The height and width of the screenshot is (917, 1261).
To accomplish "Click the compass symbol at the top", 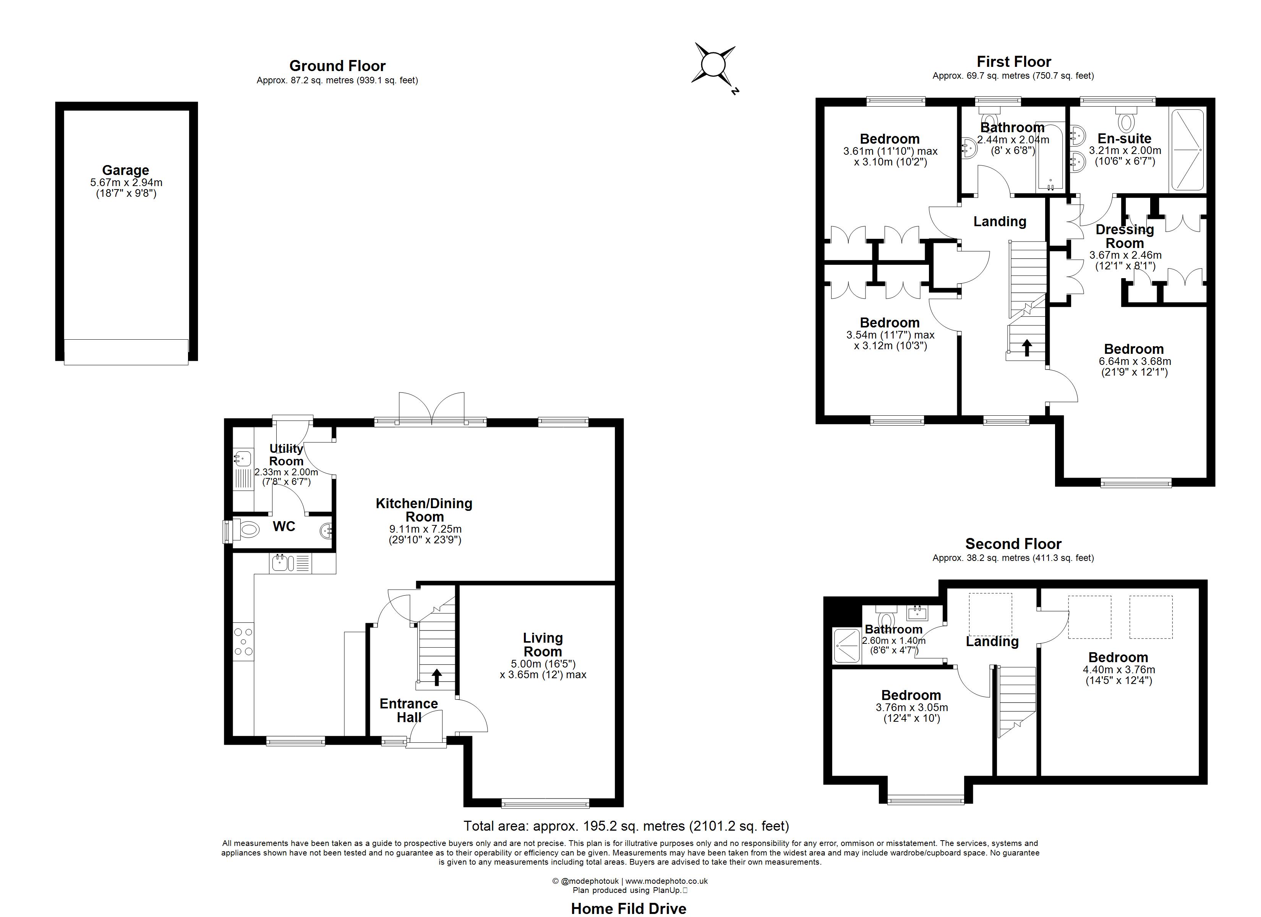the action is pos(713,65).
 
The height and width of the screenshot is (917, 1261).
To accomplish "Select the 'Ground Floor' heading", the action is pos(337,66).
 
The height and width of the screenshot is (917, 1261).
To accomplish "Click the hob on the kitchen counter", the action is pos(243,642).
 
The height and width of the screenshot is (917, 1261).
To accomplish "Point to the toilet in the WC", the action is pos(246,530).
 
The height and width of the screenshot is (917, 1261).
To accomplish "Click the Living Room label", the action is pos(543,645).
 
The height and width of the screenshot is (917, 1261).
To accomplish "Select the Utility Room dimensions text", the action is pos(286,477).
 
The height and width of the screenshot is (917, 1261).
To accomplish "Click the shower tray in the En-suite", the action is pos(1187,150).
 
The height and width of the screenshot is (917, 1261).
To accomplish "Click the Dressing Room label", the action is pos(1125,237).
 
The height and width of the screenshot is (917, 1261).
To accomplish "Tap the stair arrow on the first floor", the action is pos(1027,348).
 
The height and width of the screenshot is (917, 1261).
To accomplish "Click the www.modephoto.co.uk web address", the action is pos(667,881).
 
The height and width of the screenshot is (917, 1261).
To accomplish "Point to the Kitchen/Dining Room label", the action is pos(424,510).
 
